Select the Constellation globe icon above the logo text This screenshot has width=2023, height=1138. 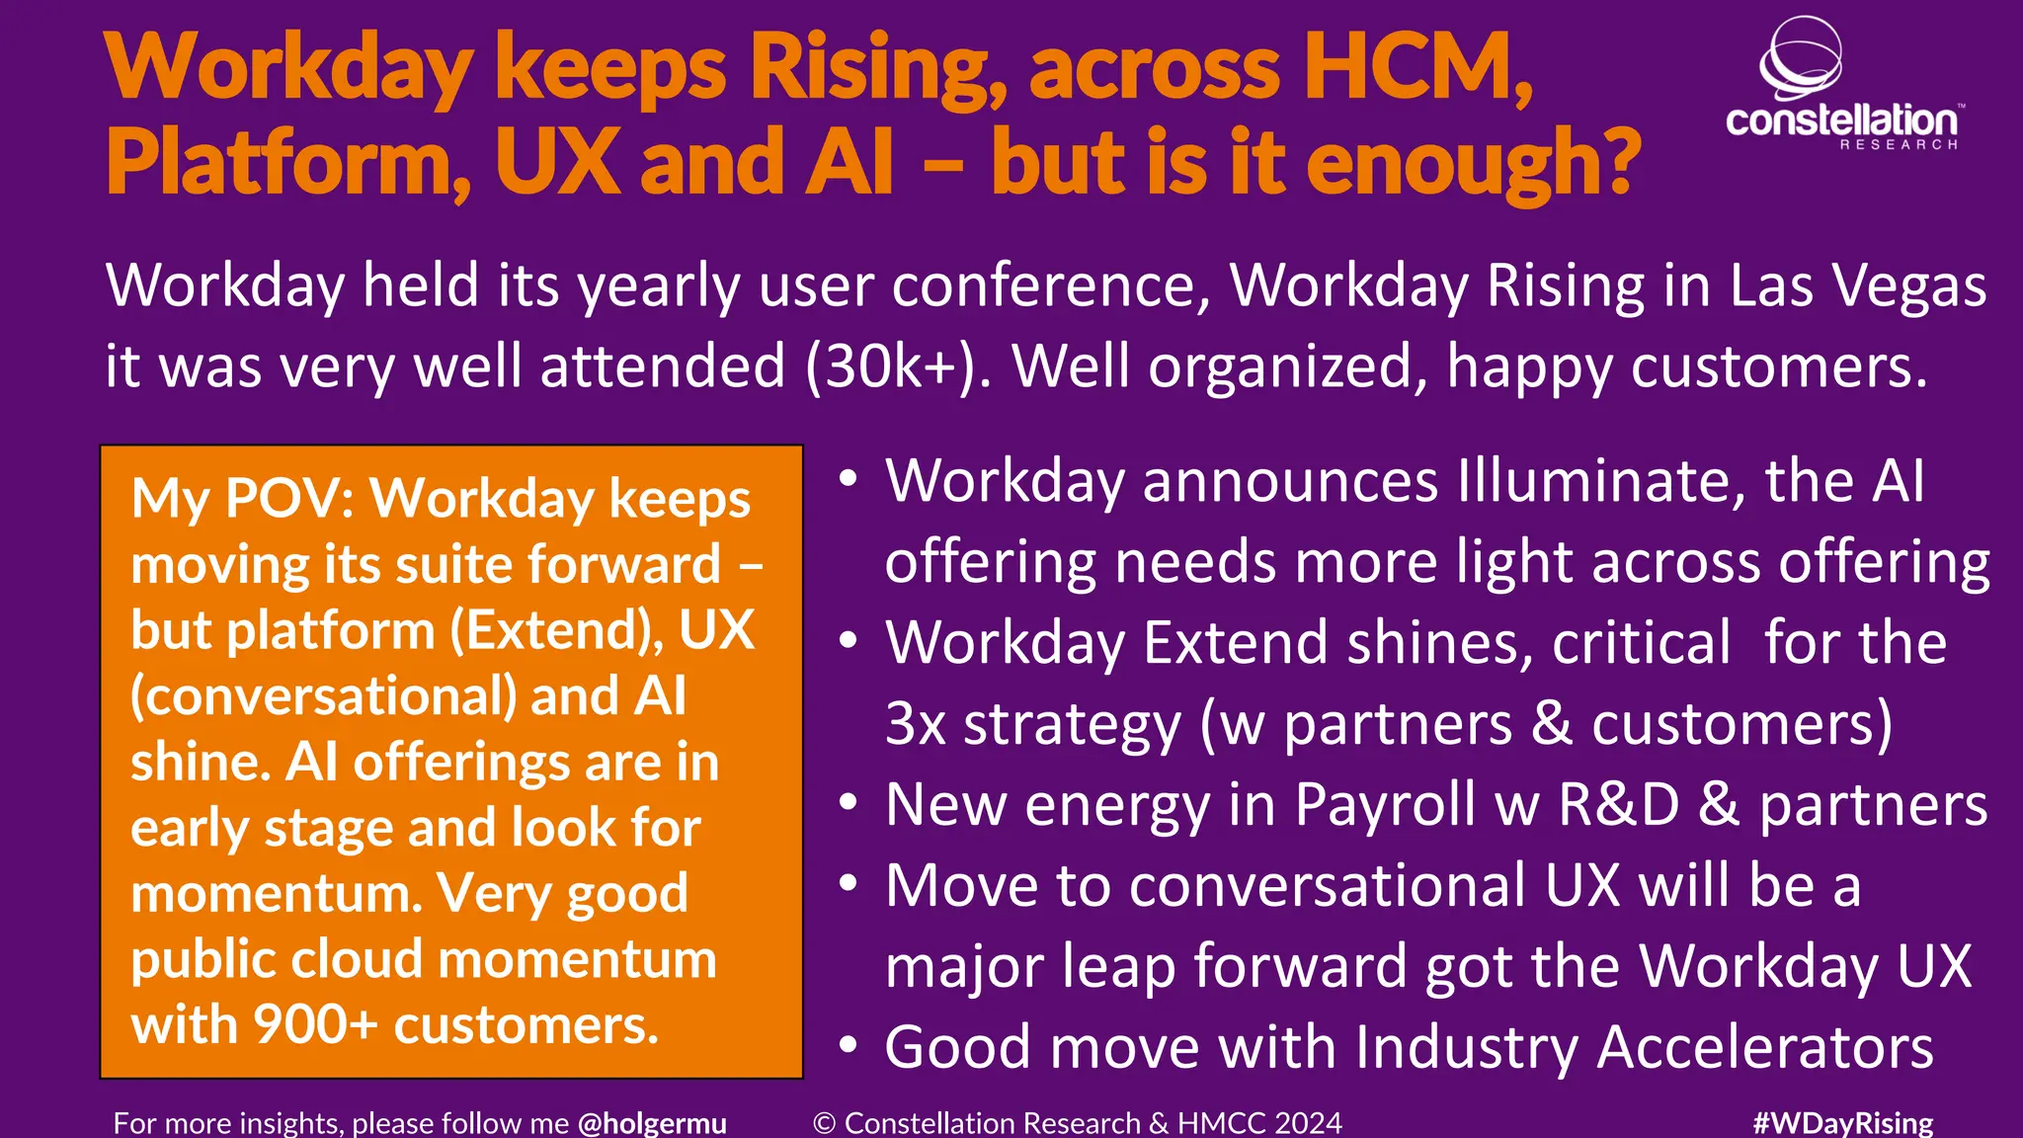[x=1801, y=58]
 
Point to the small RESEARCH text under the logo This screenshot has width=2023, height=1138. [x=1898, y=145]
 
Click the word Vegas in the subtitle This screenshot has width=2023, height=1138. [x=1907, y=286]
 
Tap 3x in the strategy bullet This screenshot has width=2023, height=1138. [x=916, y=724]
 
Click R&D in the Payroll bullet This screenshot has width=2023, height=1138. [x=1618, y=805]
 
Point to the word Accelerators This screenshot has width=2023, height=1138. [x=1764, y=1047]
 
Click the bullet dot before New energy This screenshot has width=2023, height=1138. [x=848, y=802]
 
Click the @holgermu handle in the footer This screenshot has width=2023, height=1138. [x=652, y=1123]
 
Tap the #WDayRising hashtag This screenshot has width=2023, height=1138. [x=1842, y=1123]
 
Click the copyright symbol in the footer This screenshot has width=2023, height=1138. [x=825, y=1123]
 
